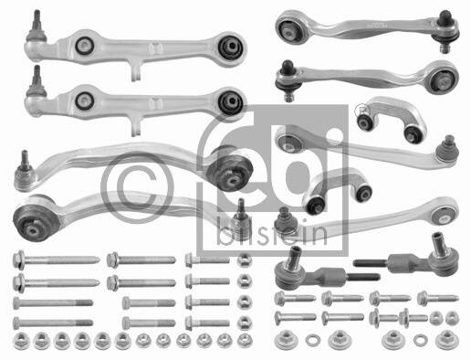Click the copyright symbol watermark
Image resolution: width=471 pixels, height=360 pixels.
pos(137,187)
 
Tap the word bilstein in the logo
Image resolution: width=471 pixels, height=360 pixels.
pos(273,234)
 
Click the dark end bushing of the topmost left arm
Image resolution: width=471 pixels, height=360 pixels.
pos(232,47)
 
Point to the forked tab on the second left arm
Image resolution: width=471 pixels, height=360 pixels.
pos(136,124)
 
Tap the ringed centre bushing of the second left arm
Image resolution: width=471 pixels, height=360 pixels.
pos(83,100)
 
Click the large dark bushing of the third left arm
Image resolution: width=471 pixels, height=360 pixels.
pos(230,169)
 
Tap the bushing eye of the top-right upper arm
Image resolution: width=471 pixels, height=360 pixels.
pos(290,27)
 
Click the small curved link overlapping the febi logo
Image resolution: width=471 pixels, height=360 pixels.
pos(337,189)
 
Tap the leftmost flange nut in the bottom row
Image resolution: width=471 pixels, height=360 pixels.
pos(21,341)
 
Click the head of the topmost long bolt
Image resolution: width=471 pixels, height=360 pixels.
pos(19,259)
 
